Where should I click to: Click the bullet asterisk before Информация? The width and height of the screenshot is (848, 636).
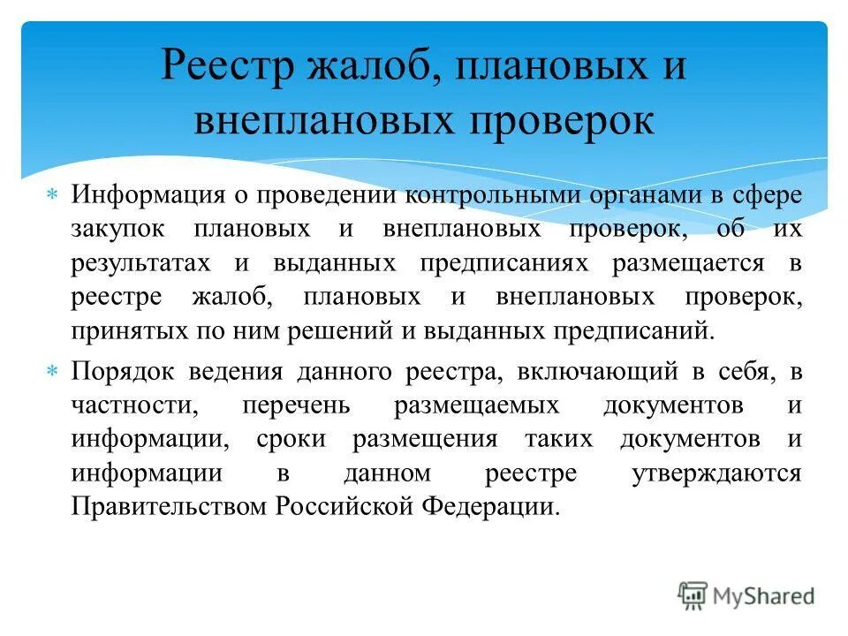coord(51,194)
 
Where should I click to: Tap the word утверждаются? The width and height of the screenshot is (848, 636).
coord(716,474)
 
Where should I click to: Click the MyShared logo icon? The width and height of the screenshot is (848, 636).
coord(693,595)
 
